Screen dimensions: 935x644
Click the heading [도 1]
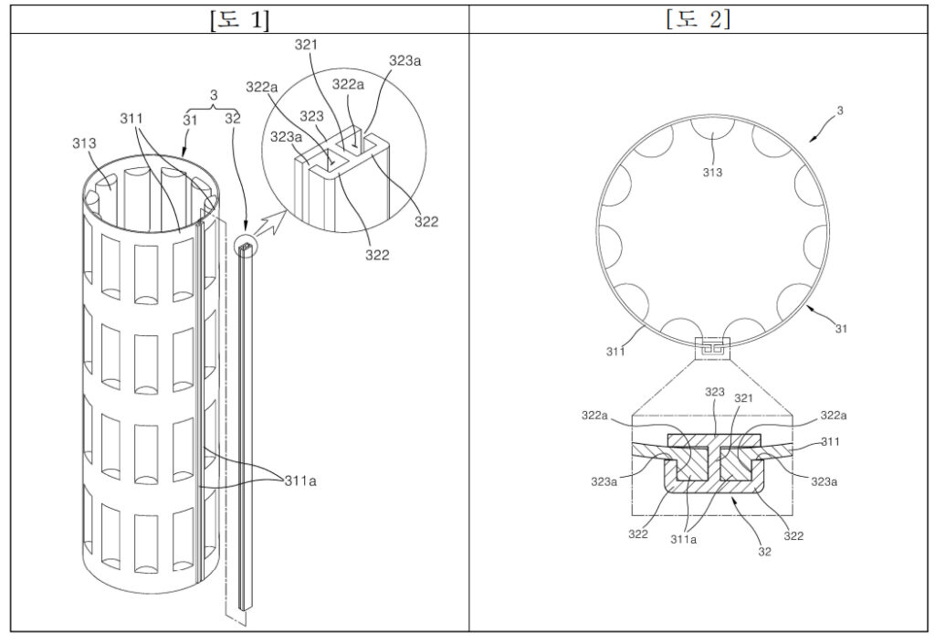click(240, 20)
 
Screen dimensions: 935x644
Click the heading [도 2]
click(699, 20)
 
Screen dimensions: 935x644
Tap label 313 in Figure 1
click(84, 143)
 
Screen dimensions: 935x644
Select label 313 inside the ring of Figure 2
click(712, 173)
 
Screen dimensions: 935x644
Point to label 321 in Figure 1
click(307, 45)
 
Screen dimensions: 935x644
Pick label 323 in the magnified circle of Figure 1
click(312, 116)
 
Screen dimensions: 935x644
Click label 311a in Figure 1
click(300, 480)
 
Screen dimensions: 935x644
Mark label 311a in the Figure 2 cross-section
click(683, 540)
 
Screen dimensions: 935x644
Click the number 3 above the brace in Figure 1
click(214, 95)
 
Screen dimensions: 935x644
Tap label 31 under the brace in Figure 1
click(190, 120)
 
